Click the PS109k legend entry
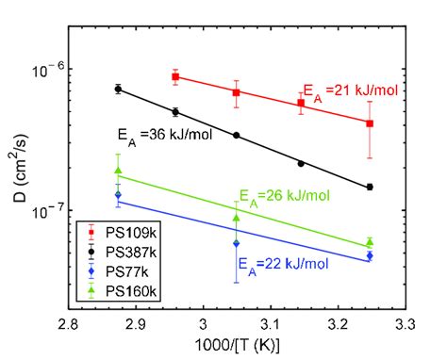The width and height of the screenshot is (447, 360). pos(127,231)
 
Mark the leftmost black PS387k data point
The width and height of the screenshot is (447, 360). pos(118,89)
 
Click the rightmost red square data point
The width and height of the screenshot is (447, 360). pos(370,123)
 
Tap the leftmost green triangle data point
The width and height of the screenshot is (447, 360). pos(118,171)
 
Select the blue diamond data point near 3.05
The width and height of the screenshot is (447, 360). pos(236,243)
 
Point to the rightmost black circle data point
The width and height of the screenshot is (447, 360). pos(370,187)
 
